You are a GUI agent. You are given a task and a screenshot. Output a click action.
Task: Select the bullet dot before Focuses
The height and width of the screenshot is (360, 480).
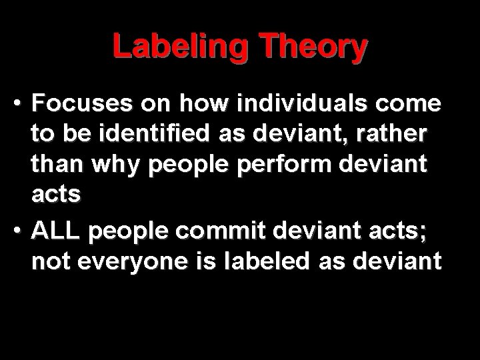[x=20, y=105]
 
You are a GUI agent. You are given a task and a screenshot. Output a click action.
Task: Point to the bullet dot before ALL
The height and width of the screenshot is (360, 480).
[x=20, y=233]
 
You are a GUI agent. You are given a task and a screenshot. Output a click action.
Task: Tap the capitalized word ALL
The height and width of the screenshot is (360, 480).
[x=55, y=231]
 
